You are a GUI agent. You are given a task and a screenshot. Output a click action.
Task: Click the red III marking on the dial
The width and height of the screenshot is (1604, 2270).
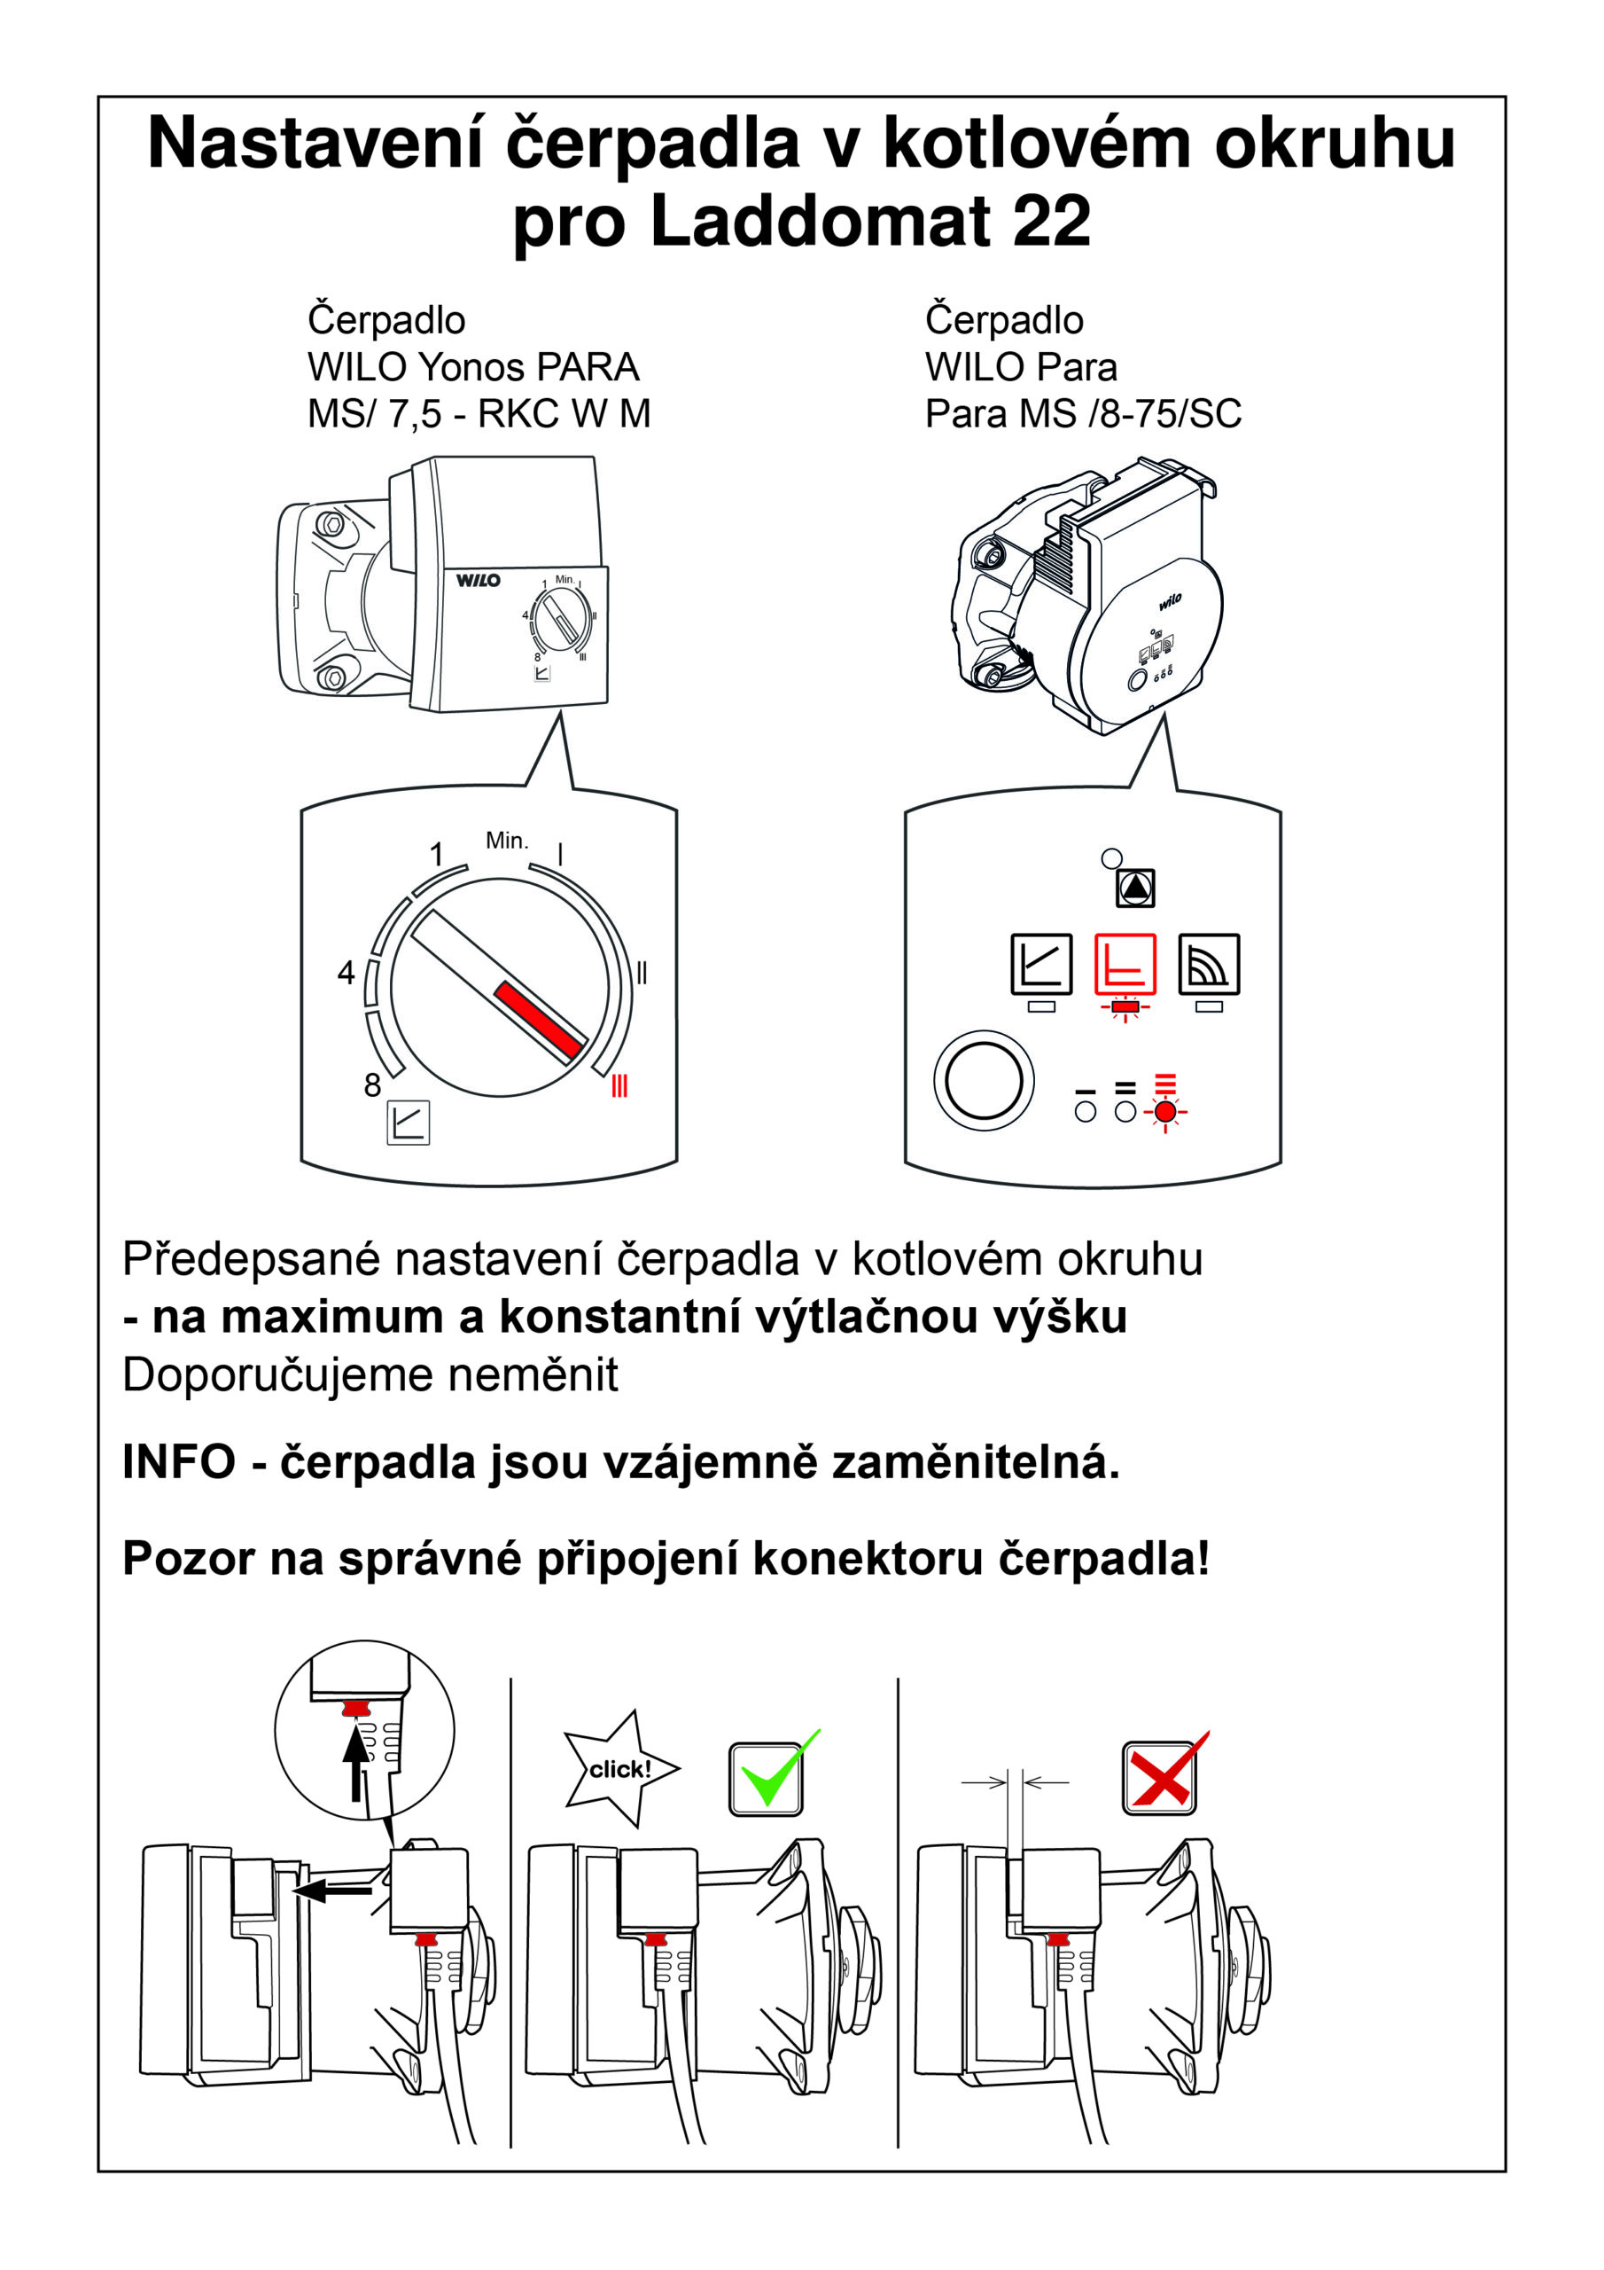pos(619,1085)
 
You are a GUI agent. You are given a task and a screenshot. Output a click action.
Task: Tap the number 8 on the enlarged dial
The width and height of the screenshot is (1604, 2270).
pos(372,1085)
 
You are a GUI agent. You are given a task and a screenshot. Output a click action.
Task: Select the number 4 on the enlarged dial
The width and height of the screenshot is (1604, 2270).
pos(346,973)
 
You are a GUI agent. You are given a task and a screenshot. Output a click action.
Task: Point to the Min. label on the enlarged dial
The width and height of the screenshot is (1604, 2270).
pos(507,841)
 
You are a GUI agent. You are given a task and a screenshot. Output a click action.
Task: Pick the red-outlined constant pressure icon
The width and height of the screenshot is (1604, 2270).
pos(1125,963)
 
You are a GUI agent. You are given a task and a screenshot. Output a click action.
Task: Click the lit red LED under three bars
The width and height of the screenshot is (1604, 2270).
pos(1165,1112)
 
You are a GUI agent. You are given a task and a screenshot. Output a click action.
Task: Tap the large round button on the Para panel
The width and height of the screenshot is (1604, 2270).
pos(984,1081)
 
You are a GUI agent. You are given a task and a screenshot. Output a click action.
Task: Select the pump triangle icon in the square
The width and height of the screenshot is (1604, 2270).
pos(1135,887)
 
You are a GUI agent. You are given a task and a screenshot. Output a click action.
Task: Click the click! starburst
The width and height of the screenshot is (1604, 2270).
pos(619,1769)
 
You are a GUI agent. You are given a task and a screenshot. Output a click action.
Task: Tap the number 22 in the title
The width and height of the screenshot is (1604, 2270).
pos(1052,222)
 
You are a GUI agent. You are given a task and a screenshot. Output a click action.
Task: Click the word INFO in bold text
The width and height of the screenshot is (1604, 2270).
pos(179,1462)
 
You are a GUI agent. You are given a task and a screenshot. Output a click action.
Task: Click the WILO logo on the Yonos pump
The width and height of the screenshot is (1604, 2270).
pos(479,580)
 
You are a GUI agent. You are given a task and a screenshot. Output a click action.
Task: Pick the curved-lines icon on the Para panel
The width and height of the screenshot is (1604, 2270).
pos(1209,963)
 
